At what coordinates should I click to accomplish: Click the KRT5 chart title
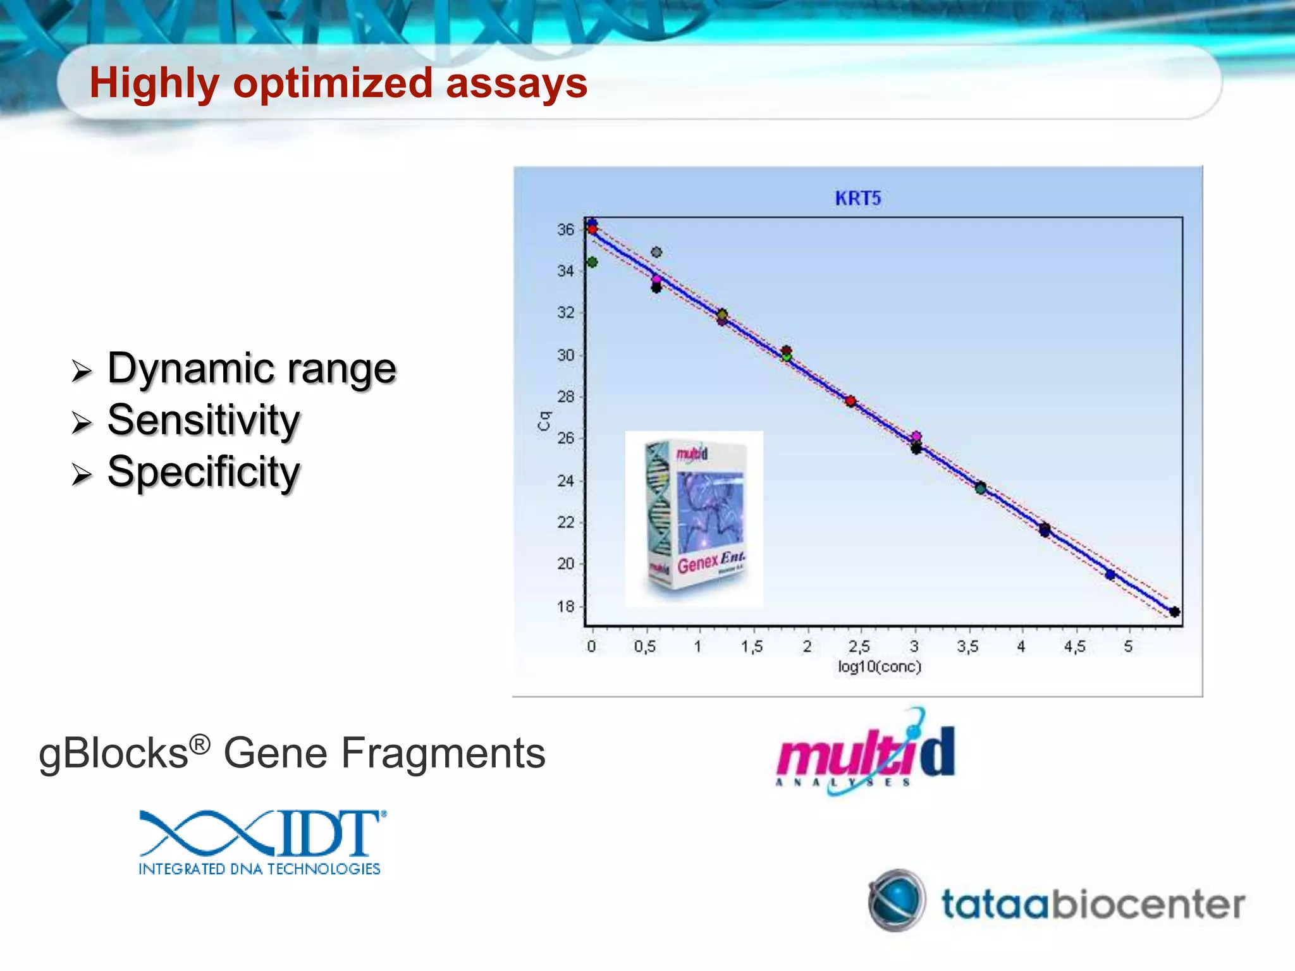coord(857,198)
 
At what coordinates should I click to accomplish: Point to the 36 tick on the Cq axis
coord(565,229)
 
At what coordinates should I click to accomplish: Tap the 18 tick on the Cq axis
coord(565,607)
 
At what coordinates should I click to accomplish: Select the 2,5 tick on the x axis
coord(859,647)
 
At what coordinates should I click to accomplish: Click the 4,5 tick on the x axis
coord(1074,647)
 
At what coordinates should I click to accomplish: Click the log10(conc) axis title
coord(879,667)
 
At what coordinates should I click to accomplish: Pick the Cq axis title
coord(544,420)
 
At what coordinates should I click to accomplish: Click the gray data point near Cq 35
coord(656,252)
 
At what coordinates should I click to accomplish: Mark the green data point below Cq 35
coord(592,262)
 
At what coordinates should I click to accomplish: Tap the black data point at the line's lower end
coord(1174,611)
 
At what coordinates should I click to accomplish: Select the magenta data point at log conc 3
coord(916,436)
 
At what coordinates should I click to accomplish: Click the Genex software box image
coord(694,518)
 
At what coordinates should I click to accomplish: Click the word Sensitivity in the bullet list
coord(204,420)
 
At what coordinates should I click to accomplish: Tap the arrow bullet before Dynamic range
coord(82,371)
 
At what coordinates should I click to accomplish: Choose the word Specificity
coord(204,472)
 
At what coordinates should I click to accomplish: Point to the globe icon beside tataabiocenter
coord(896,900)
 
